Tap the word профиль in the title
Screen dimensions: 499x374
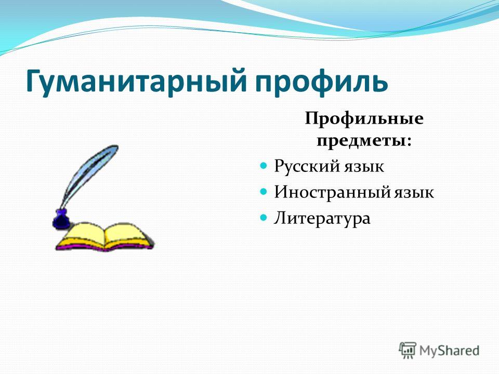(x=321, y=82)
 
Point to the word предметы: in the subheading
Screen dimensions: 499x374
(x=364, y=141)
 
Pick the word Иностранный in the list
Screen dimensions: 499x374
(x=332, y=192)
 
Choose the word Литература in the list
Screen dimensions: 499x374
(x=322, y=219)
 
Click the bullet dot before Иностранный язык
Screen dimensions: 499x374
(x=263, y=192)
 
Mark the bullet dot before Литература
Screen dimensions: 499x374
(x=263, y=218)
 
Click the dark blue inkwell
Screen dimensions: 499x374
(x=61, y=219)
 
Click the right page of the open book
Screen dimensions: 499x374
(x=127, y=235)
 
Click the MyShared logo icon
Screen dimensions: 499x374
(x=408, y=351)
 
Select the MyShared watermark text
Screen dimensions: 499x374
(x=449, y=351)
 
